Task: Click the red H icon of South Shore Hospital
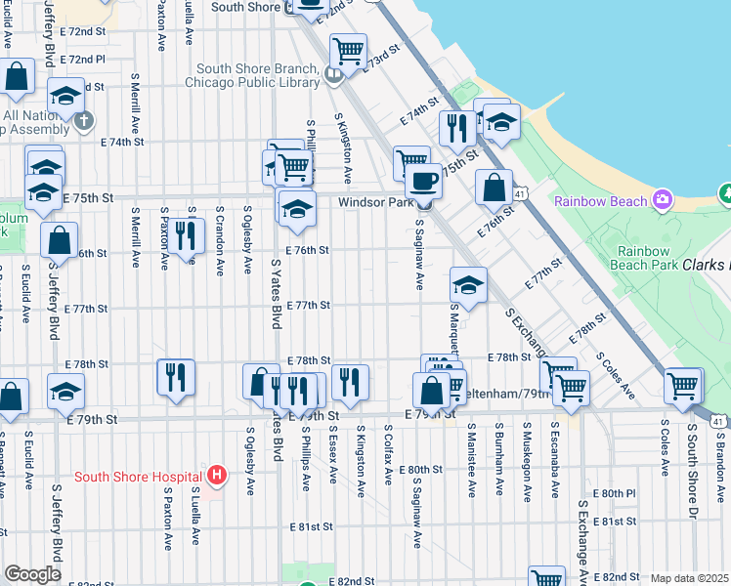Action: click(217, 477)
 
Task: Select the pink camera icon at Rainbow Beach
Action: click(663, 200)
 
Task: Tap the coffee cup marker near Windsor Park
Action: click(423, 181)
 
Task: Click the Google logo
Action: click(32, 574)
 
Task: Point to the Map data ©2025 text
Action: click(689, 578)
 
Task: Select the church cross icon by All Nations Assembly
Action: click(85, 121)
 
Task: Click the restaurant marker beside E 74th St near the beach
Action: click(457, 127)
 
